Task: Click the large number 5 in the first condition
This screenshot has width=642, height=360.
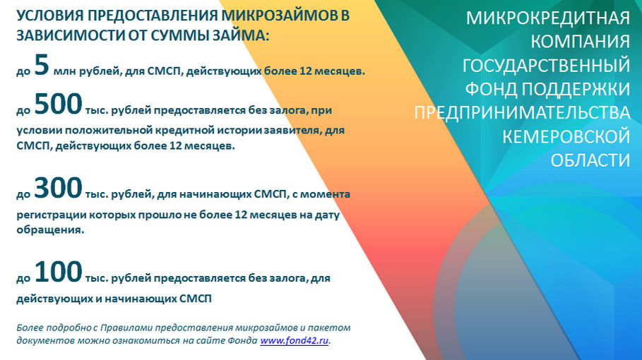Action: tap(42, 65)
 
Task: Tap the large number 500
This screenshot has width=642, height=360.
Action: tap(58, 104)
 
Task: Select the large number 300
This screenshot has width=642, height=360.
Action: tap(58, 188)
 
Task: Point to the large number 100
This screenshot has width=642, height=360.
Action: tap(58, 272)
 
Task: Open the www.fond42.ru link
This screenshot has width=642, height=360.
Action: tap(295, 341)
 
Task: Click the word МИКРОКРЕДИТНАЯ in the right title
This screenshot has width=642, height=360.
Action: tap(548, 18)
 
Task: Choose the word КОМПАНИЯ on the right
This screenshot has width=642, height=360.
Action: tap(580, 42)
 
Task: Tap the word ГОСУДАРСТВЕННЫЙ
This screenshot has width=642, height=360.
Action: tap(546, 66)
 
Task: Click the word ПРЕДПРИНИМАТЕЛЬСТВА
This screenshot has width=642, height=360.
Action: tap(522, 113)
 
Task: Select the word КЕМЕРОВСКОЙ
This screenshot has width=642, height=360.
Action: tap(566, 137)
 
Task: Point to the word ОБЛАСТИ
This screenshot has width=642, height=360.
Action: tap(590, 160)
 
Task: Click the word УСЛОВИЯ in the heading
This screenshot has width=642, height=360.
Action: tap(50, 16)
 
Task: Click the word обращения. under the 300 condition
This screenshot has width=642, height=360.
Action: tap(50, 230)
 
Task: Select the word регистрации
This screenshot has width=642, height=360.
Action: tap(51, 215)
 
